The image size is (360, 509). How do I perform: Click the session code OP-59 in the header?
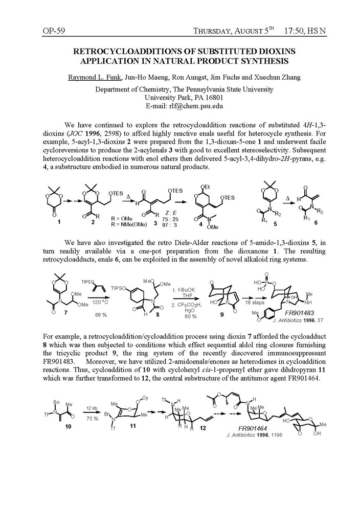point(53,31)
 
